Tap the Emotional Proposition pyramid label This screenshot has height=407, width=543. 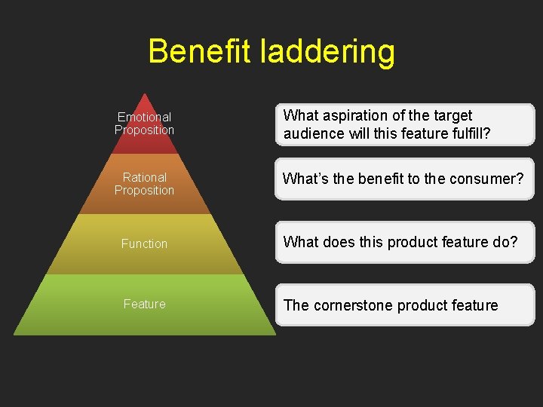pyautogui.click(x=144, y=124)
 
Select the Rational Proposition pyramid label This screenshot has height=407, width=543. pyautogui.click(x=144, y=184)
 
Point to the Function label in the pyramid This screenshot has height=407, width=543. pyautogui.click(x=144, y=243)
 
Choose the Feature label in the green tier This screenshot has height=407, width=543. pyautogui.click(x=144, y=304)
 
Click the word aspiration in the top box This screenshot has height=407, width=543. pyautogui.click(x=354, y=116)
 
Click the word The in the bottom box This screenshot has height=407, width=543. pyautogui.click(x=296, y=305)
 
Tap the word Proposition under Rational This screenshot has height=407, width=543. pyautogui.click(x=144, y=191)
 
